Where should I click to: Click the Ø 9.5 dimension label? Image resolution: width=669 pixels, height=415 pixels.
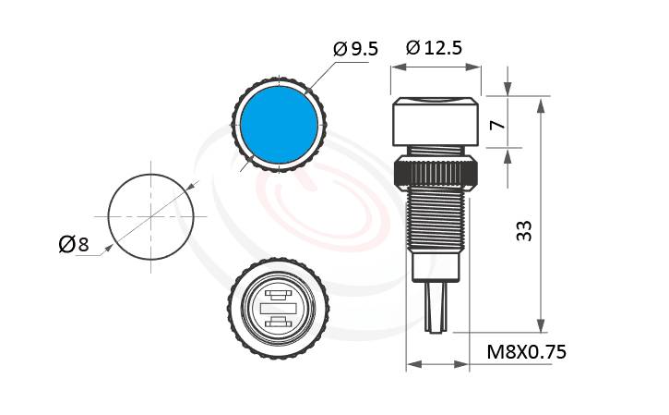pos(356,48)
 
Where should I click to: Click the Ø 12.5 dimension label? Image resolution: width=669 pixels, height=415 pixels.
pos(434,47)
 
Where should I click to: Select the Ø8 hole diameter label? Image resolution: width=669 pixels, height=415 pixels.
pos(74,244)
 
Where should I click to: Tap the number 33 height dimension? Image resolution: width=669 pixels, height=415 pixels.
pos(524,231)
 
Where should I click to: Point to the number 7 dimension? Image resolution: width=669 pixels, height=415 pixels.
pos(497,125)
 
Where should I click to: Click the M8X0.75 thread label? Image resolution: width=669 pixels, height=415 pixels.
pos(527,352)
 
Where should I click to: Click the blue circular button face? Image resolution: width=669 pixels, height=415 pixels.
pos(279,125)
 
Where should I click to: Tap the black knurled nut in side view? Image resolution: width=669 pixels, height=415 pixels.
pos(436,174)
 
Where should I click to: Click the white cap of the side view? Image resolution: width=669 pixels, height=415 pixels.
pos(436,122)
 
